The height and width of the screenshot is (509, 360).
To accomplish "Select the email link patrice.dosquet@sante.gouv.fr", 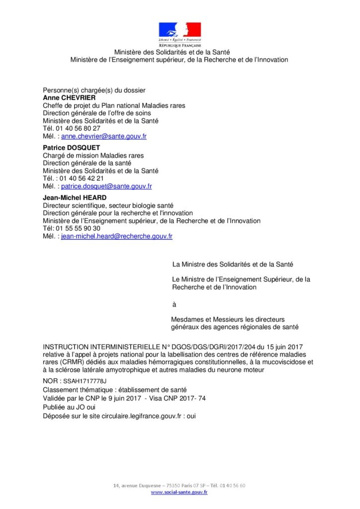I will [106, 186].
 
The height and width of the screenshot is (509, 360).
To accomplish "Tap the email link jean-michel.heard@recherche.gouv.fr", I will [117, 237].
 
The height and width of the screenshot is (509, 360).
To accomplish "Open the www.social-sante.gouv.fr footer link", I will [179, 492].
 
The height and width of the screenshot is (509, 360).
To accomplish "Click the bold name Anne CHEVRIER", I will [69, 98].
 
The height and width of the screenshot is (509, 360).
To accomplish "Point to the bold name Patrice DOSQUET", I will [71, 148].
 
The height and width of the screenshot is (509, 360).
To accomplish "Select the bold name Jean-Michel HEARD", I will [75, 198].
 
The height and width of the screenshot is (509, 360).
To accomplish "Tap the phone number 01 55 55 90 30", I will [78, 229].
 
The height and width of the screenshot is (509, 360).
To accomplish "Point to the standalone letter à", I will [174, 304].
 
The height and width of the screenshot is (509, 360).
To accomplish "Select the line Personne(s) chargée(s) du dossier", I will [94, 90].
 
